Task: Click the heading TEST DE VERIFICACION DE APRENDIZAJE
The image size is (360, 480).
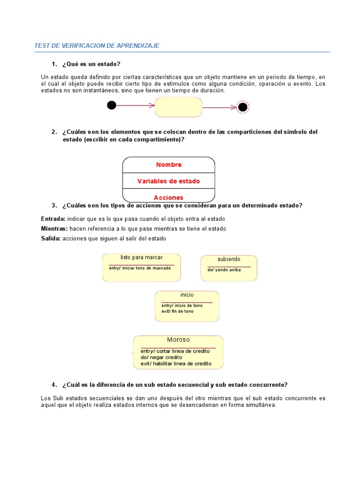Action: (97, 45)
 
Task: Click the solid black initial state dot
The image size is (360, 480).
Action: (112, 105)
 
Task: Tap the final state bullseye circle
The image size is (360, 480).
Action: (242, 107)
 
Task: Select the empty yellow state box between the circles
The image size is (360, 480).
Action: (178, 107)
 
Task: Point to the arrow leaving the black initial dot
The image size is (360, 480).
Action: (135, 105)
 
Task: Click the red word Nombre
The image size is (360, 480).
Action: (169, 165)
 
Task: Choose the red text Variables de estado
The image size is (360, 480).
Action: (169, 181)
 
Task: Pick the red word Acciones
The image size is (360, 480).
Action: (169, 197)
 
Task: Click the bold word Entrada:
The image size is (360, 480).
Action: (53, 219)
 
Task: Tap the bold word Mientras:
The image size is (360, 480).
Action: (54, 229)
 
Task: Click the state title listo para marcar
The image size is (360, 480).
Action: (142, 257)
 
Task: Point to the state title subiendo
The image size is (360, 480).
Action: (229, 259)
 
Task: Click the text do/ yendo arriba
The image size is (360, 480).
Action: (224, 270)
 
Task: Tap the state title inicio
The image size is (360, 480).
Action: (187, 295)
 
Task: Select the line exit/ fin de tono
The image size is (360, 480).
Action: (177, 311)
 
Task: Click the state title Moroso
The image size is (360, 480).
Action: (178, 340)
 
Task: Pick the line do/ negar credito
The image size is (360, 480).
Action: (161, 357)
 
